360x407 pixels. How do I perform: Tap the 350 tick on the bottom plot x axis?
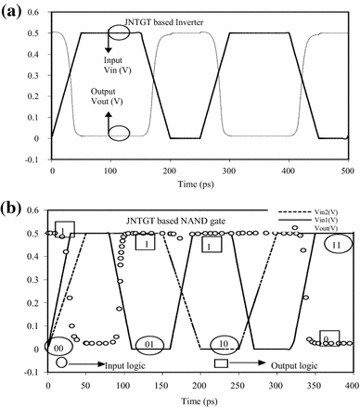tap(321, 381)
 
